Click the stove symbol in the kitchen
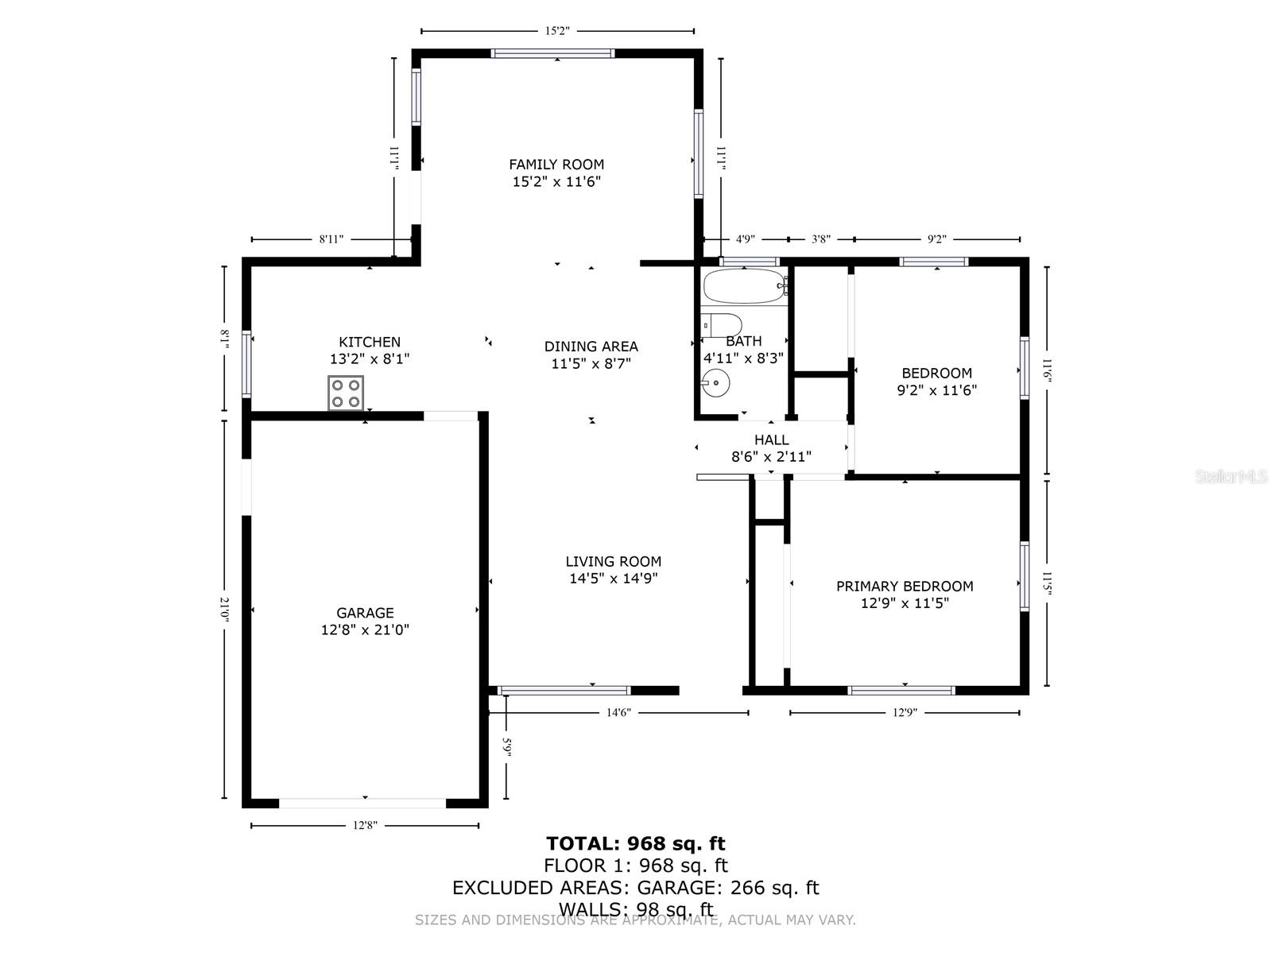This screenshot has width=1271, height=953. (x=346, y=393)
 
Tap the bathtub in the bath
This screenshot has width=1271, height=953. (x=744, y=286)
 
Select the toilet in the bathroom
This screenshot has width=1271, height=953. (x=721, y=326)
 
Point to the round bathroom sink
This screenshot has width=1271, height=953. (x=715, y=384)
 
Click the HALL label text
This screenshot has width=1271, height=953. (x=771, y=440)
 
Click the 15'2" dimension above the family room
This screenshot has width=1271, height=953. (x=557, y=31)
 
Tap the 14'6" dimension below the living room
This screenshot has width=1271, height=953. (x=618, y=713)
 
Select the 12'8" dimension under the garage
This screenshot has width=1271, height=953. (x=364, y=826)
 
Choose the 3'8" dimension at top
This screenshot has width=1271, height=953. (x=820, y=238)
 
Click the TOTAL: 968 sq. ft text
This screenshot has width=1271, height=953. (x=635, y=843)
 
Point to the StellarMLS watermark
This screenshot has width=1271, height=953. (x=1231, y=477)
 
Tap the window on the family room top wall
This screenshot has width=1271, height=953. (x=553, y=54)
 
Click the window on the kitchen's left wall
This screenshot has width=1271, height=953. (x=246, y=364)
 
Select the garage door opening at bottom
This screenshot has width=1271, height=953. (x=362, y=803)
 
